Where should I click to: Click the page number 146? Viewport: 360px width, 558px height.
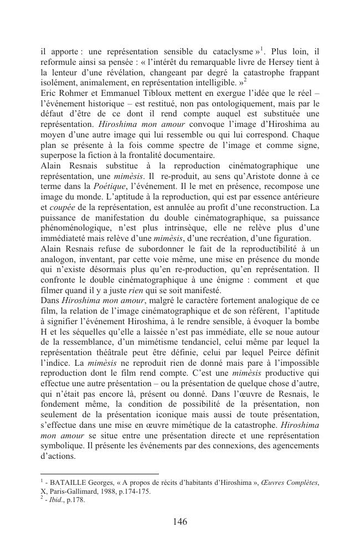(179, 521)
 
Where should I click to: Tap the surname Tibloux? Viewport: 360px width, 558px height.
(162, 93)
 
